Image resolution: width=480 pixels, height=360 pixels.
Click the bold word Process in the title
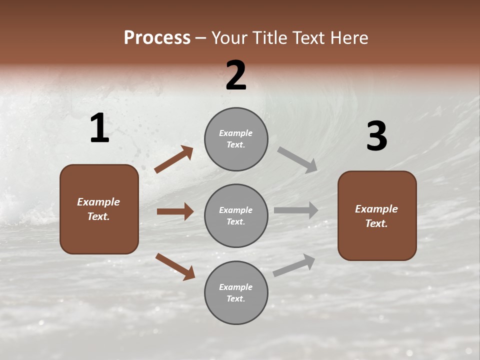157,38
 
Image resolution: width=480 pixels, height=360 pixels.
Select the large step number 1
99,128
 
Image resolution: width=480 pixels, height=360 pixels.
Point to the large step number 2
236,75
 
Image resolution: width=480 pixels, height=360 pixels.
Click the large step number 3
376,136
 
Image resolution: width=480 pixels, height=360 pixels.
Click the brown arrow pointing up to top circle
173,159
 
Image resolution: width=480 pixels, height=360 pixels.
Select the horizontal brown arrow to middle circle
175,211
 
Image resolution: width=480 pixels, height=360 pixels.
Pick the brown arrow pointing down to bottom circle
175,266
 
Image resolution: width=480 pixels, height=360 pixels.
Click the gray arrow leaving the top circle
297,160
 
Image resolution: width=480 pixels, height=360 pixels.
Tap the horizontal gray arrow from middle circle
296,210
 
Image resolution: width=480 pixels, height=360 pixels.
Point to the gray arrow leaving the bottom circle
294,265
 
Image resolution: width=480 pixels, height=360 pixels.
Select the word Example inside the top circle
236,133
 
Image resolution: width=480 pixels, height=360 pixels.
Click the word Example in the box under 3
376,209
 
